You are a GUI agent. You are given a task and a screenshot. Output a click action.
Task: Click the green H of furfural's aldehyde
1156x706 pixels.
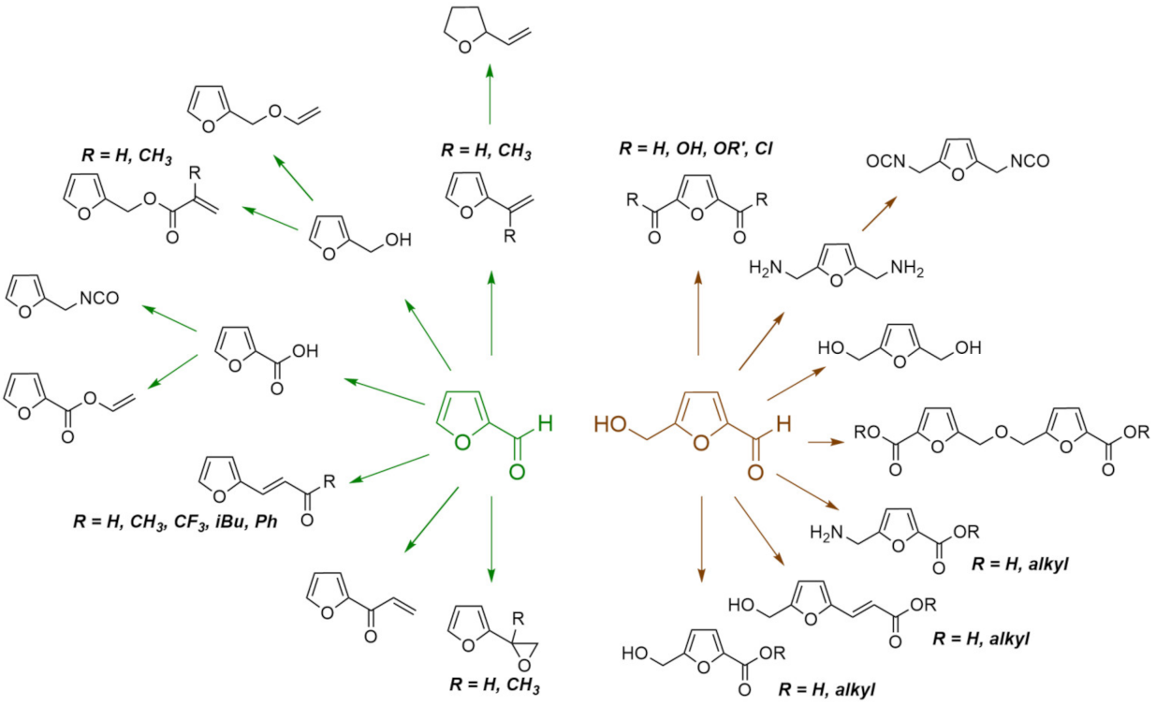(x=546, y=424)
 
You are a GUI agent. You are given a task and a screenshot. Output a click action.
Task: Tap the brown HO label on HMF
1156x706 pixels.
(x=609, y=424)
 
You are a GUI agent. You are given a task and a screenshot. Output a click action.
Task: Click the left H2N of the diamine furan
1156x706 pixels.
(x=767, y=272)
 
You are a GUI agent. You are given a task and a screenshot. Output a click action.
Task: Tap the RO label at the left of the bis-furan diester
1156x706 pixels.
(x=869, y=433)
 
